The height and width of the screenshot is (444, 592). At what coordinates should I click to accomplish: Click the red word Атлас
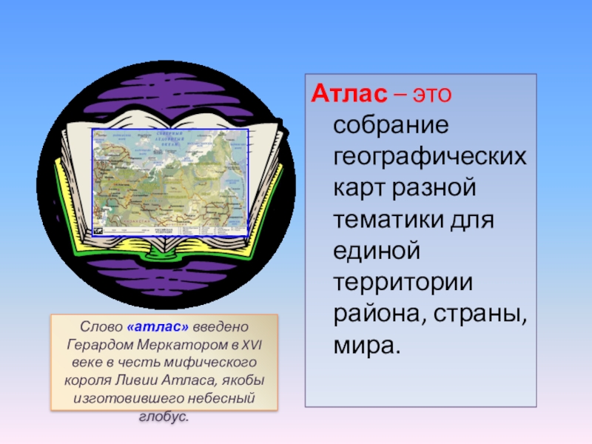click(349, 95)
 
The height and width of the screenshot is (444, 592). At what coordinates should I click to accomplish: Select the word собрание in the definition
click(391, 127)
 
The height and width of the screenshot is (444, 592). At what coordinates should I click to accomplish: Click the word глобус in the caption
click(162, 417)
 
